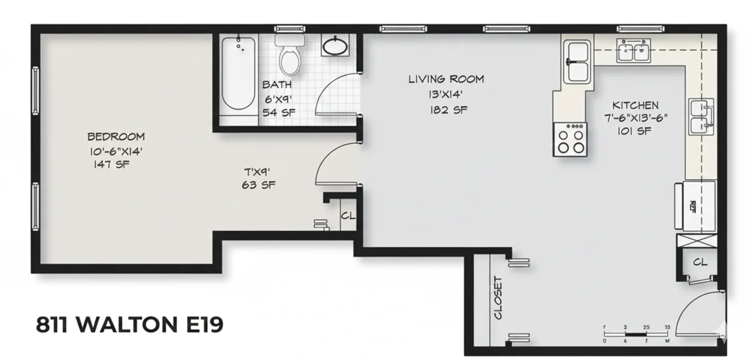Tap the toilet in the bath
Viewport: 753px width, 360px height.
pos(290,55)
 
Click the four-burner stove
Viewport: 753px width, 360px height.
pos(570,139)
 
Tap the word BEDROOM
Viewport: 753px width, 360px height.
pos(116,137)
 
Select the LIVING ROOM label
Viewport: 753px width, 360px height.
pos(446,79)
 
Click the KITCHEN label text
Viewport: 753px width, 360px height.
pos(635,105)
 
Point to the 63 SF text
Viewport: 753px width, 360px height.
pos(258,185)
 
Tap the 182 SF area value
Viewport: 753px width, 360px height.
pos(448,109)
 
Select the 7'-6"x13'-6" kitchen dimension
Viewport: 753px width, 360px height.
pos(635,118)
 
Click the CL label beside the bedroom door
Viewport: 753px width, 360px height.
pos(348,216)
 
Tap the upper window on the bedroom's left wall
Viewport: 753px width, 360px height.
pos(35,91)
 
